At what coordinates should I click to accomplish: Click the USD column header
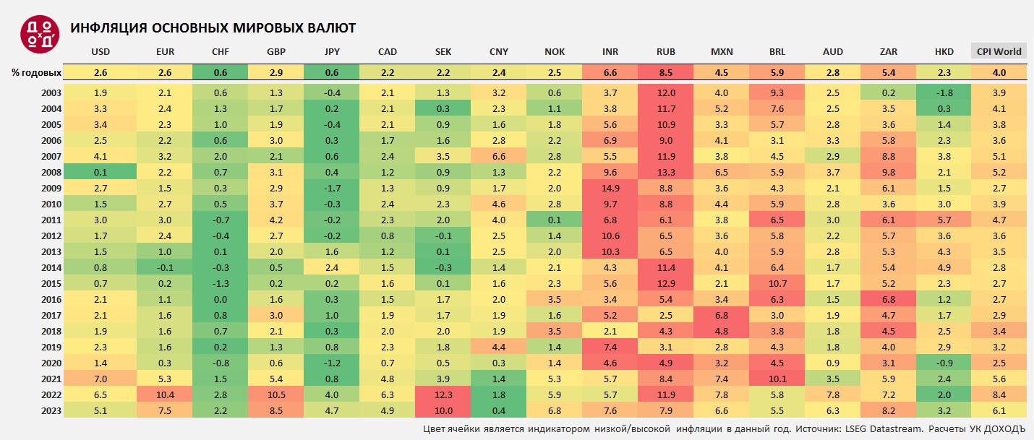(x=101, y=51)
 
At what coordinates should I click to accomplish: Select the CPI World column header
(x=999, y=51)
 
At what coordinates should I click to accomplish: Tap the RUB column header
(x=665, y=51)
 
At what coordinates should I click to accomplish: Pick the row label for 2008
(x=51, y=172)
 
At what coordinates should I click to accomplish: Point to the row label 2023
(x=51, y=410)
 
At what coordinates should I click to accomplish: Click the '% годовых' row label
(x=36, y=72)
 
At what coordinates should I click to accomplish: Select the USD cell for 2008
(x=101, y=172)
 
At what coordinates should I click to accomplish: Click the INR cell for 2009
(x=610, y=188)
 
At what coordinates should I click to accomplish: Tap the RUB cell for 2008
(x=665, y=172)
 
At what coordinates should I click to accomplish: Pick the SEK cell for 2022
(x=443, y=394)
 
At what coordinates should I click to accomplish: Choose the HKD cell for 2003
(x=944, y=92)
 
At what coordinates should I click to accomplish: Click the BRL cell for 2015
(x=777, y=283)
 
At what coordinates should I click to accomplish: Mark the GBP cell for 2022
(x=275, y=394)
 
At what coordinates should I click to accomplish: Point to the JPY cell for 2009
(x=332, y=188)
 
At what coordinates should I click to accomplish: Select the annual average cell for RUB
(x=665, y=72)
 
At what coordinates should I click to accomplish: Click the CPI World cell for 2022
(x=999, y=394)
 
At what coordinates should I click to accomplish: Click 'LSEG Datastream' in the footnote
(x=881, y=429)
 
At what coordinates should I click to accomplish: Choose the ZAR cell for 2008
(x=889, y=172)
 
